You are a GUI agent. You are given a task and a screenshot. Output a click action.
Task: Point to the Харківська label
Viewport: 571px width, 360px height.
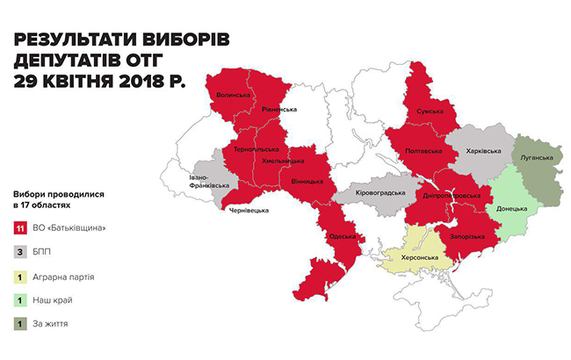tap(483, 150)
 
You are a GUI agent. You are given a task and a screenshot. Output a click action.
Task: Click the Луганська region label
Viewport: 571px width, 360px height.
tap(537, 159)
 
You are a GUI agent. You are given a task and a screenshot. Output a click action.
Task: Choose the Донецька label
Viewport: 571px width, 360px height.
tap(510, 209)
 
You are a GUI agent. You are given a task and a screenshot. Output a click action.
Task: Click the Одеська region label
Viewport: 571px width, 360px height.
tap(341, 236)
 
